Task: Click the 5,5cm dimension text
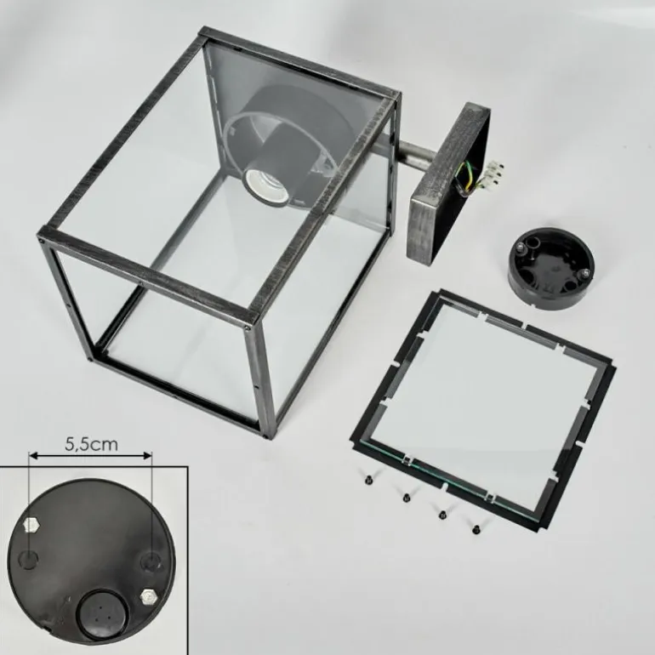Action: pyautogui.click(x=92, y=445)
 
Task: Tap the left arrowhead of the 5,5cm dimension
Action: pyautogui.click(x=33, y=455)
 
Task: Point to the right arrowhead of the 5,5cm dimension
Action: pyautogui.click(x=147, y=455)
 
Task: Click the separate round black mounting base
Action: pyautogui.click(x=550, y=267)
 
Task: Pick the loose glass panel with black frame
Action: pyautogui.click(x=482, y=408)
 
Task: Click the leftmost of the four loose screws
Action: pyautogui.click(x=369, y=481)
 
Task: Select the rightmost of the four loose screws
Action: pyautogui.click(x=476, y=530)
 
